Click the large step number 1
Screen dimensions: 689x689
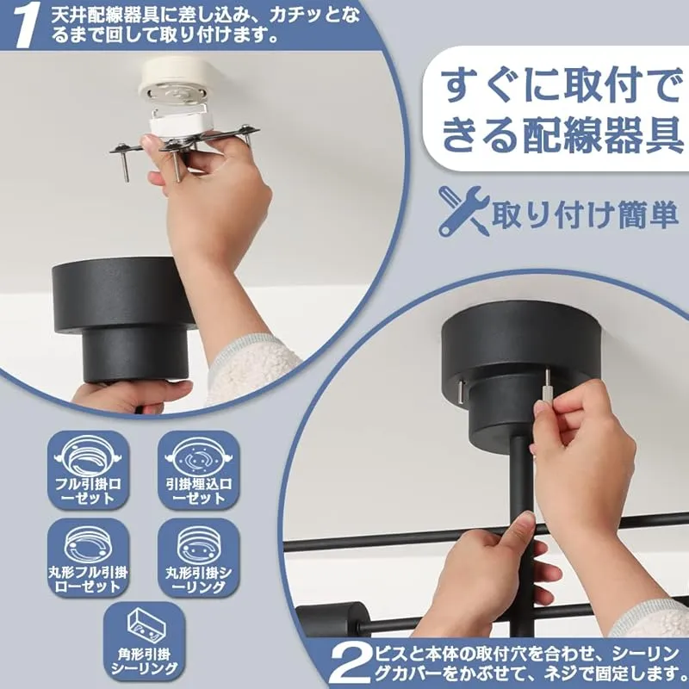tap(27, 25)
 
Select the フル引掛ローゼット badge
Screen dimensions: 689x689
tap(88, 470)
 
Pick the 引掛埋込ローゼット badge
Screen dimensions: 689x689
tap(199, 470)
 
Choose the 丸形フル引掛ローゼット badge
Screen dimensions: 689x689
tap(88, 557)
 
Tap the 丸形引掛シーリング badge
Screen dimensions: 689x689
tap(199, 557)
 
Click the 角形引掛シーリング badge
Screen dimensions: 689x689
tap(144, 641)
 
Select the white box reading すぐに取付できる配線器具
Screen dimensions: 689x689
tap(555, 109)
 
